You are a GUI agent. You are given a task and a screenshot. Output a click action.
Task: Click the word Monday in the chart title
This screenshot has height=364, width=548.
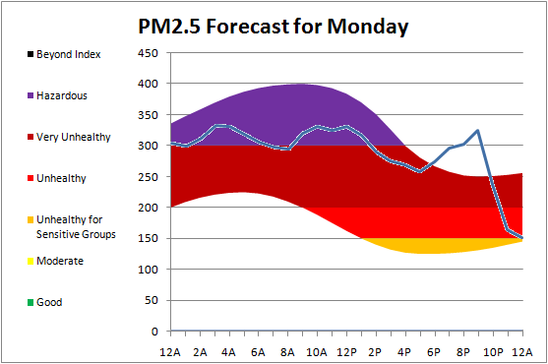tap(368, 27)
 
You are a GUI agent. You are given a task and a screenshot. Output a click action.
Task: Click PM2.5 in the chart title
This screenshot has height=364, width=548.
tap(169, 27)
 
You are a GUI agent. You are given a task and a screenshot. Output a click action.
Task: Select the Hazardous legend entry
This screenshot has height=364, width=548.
tap(57, 95)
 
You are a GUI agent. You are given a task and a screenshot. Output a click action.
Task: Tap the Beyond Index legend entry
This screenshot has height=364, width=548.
tap(64, 54)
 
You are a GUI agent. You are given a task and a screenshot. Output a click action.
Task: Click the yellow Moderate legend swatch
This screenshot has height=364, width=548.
tap(30, 261)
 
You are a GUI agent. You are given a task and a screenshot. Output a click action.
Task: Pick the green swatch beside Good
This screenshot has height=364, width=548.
tap(30, 302)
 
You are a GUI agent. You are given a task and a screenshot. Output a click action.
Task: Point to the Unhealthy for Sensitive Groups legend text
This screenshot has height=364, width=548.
tap(76, 226)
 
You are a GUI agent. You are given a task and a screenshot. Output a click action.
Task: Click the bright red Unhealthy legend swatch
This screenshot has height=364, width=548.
tap(30, 178)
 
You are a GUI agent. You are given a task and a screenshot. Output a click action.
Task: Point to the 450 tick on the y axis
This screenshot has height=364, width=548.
tap(149, 53)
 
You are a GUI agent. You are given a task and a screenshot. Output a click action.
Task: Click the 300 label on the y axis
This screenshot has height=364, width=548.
tap(149, 146)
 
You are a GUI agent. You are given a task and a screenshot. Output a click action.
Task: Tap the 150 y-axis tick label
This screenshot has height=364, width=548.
tap(149, 238)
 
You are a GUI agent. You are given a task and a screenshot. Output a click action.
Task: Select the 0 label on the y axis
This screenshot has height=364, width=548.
tap(154, 332)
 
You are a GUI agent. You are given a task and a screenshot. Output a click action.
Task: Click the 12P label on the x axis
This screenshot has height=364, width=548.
tap(346, 352)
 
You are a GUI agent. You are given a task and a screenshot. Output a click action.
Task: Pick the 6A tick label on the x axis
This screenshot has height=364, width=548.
tap(258, 352)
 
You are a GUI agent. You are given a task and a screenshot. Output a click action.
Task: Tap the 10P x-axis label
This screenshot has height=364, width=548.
tap(493, 352)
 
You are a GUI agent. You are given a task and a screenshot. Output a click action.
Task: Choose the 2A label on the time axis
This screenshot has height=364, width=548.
tap(200, 352)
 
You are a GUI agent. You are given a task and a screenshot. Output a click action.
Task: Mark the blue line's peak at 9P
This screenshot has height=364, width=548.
tap(478, 130)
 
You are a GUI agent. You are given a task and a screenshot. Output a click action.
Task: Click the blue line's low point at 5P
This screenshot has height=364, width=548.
tap(420, 171)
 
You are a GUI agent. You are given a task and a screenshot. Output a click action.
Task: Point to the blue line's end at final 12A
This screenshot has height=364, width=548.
tap(522, 238)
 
